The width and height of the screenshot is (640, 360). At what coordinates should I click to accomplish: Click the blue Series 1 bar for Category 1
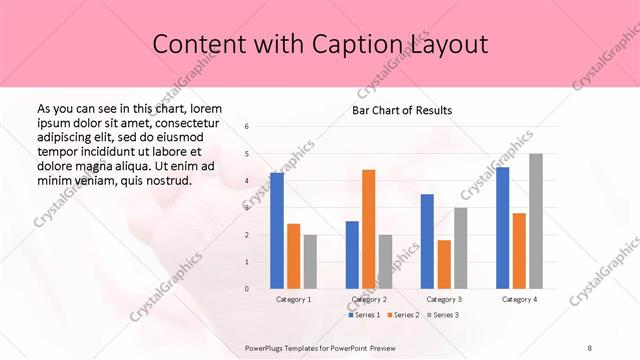point(277,231)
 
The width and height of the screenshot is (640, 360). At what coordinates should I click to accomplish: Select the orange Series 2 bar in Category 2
point(368,229)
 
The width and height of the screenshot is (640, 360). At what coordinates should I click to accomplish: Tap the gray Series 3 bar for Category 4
point(536,221)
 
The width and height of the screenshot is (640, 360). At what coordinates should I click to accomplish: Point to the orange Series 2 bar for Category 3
point(444,264)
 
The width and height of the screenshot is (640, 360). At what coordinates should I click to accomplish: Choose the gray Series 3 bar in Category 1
point(310,261)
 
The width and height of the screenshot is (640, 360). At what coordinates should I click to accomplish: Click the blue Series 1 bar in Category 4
point(502,228)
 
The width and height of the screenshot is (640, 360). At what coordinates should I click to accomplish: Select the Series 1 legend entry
point(364,315)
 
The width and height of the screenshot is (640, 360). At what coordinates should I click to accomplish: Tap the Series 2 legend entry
point(403,315)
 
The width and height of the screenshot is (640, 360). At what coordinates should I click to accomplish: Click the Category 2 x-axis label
point(369,299)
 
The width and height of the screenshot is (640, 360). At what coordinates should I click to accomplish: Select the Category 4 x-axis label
point(519,299)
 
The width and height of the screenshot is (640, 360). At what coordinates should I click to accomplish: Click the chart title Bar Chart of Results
point(402,110)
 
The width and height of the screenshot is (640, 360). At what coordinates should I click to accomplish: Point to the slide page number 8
point(590,347)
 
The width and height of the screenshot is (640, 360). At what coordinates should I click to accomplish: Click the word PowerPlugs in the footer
point(268,347)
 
